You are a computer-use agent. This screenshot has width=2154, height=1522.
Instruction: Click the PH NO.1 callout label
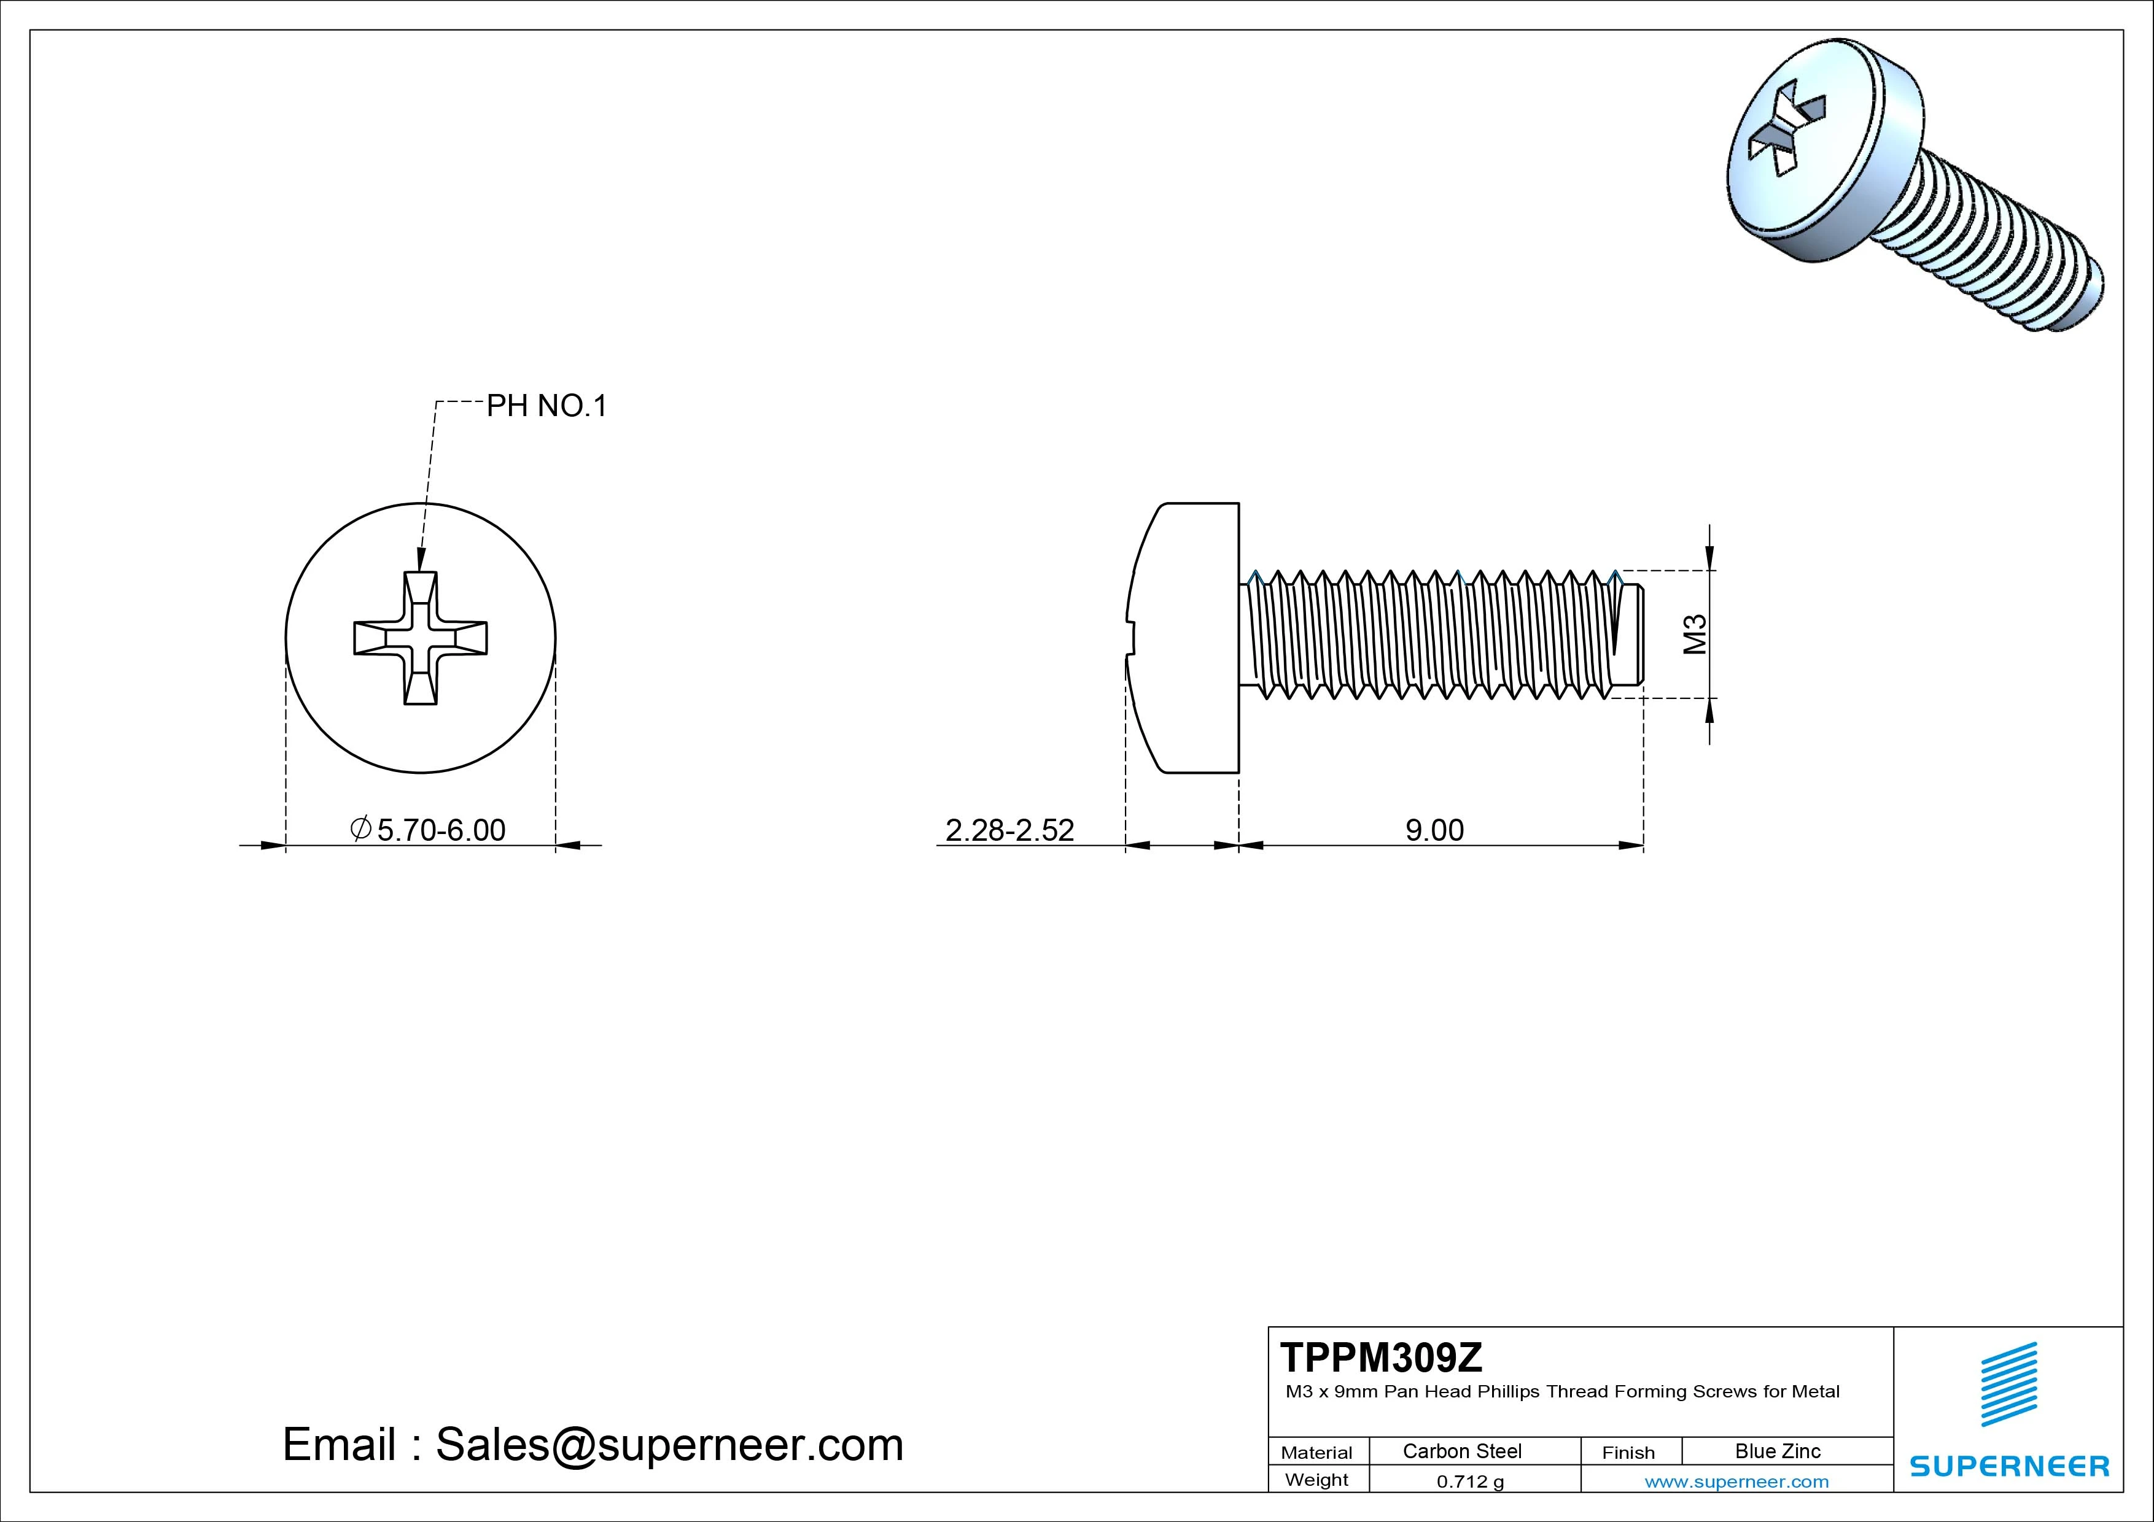pyautogui.click(x=546, y=406)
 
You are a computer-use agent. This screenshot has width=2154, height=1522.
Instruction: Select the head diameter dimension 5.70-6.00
pyautogui.click(x=440, y=830)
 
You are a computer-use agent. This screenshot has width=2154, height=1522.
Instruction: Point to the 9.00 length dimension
pyautogui.click(x=1434, y=830)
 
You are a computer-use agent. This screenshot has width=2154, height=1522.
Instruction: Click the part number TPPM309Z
pyautogui.click(x=1381, y=1357)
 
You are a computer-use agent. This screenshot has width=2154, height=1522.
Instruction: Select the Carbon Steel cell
pyautogui.click(x=1461, y=1451)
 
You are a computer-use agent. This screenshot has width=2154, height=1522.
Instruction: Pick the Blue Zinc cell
pyautogui.click(x=1777, y=1451)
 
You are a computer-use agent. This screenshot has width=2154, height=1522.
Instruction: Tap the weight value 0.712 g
pyautogui.click(x=1470, y=1481)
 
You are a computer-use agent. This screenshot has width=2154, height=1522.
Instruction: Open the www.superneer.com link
pyautogui.click(x=1736, y=1481)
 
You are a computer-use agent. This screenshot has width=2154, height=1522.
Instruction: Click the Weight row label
pyautogui.click(x=1316, y=1480)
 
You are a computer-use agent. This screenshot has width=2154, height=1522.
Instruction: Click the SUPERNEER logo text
pyautogui.click(x=2008, y=1466)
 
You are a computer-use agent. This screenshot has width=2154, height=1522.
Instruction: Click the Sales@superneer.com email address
pyautogui.click(x=669, y=1444)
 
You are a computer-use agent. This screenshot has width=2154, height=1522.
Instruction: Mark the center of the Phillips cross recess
pyautogui.click(x=420, y=638)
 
